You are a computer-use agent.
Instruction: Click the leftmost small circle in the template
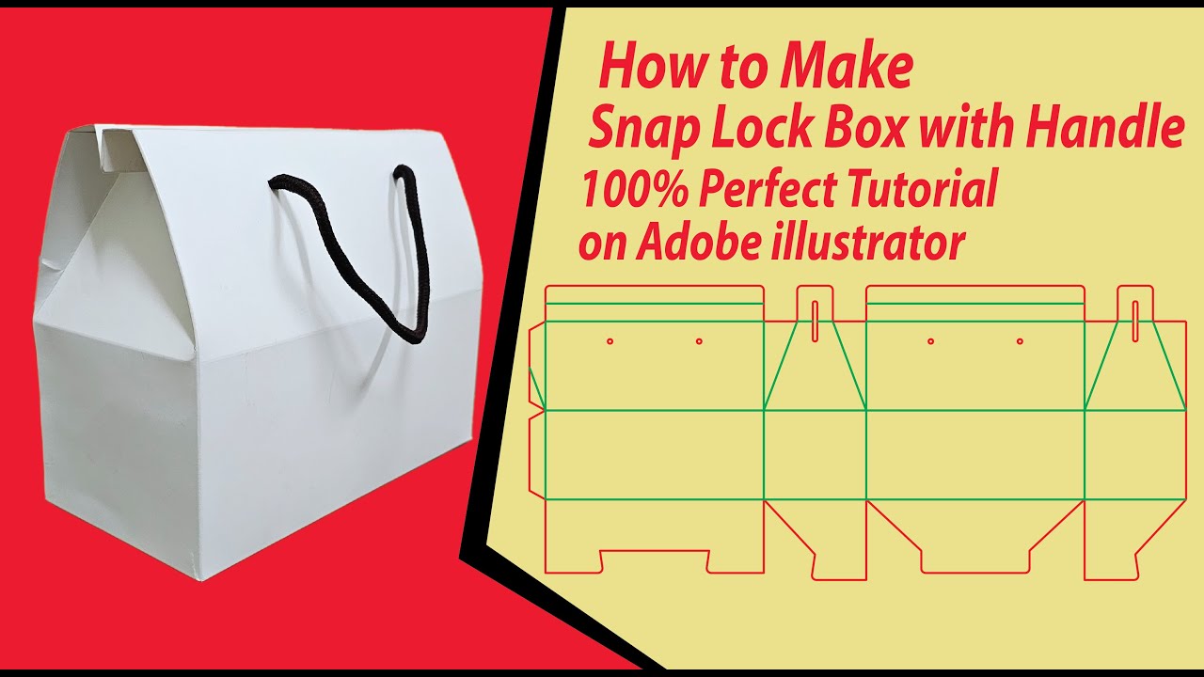pos(610,340)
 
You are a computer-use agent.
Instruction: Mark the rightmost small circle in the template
pos(1020,340)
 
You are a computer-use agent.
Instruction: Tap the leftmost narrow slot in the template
pos(814,320)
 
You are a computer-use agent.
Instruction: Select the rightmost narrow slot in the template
pos(1135,320)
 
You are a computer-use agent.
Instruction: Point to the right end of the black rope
pos(403,173)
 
